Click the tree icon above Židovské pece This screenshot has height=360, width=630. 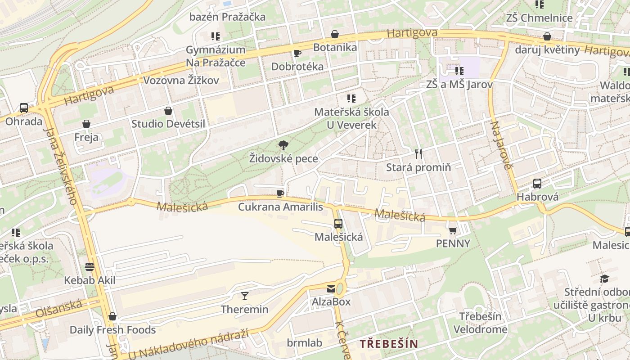283,145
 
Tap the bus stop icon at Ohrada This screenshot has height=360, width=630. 24,108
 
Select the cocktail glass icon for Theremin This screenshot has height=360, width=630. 244,296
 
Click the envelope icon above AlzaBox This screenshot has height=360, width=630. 331,288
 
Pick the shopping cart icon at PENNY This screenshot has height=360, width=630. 453,230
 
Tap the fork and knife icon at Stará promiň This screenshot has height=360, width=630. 418,154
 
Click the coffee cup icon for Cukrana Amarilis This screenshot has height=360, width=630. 280,193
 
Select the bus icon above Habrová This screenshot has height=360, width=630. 537,183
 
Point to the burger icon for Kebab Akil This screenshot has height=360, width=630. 90,267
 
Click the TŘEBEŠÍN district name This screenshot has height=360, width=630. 388,344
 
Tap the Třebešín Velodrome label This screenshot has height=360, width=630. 480,323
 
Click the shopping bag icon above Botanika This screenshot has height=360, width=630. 335,34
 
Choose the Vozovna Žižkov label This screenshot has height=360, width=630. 181,81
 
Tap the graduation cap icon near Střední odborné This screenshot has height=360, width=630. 604,279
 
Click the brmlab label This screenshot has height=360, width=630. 305,343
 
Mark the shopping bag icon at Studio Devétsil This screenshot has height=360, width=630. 168,111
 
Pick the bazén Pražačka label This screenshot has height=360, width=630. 227,17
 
